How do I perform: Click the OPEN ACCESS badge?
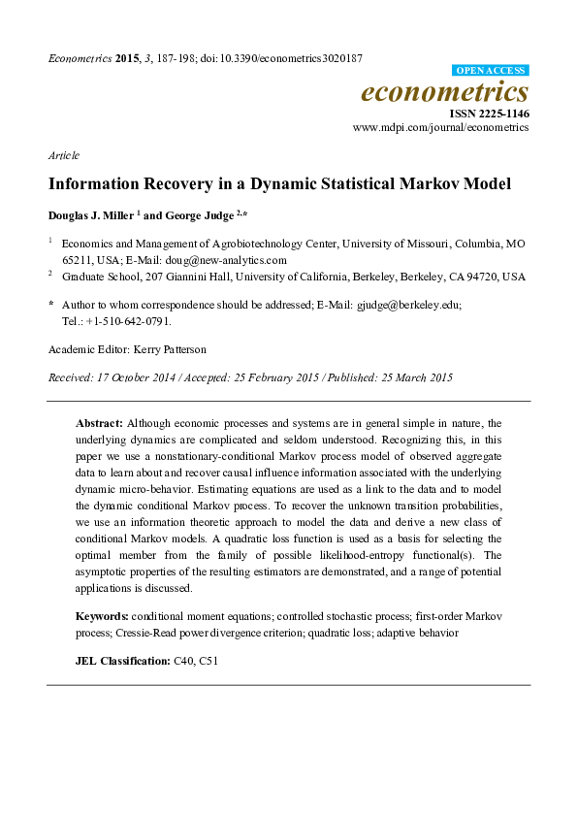click(491, 71)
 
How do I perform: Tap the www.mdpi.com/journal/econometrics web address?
click(441, 127)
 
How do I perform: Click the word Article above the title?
click(63, 155)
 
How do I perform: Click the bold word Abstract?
click(98, 423)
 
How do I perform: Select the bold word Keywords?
click(102, 617)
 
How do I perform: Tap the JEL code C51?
click(209, 661)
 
